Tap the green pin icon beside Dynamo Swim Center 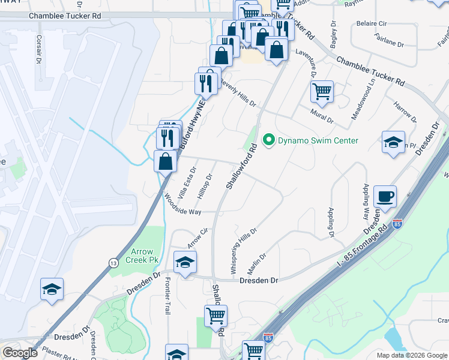pos(268,141)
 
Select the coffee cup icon pos(384,196)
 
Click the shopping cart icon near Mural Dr pos(322,92)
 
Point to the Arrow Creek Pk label pos(140,256)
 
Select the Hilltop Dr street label pos(205,186)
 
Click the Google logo pos(20,353)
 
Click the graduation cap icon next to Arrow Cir pos(185,262)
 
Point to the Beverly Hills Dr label pos(238,92)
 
